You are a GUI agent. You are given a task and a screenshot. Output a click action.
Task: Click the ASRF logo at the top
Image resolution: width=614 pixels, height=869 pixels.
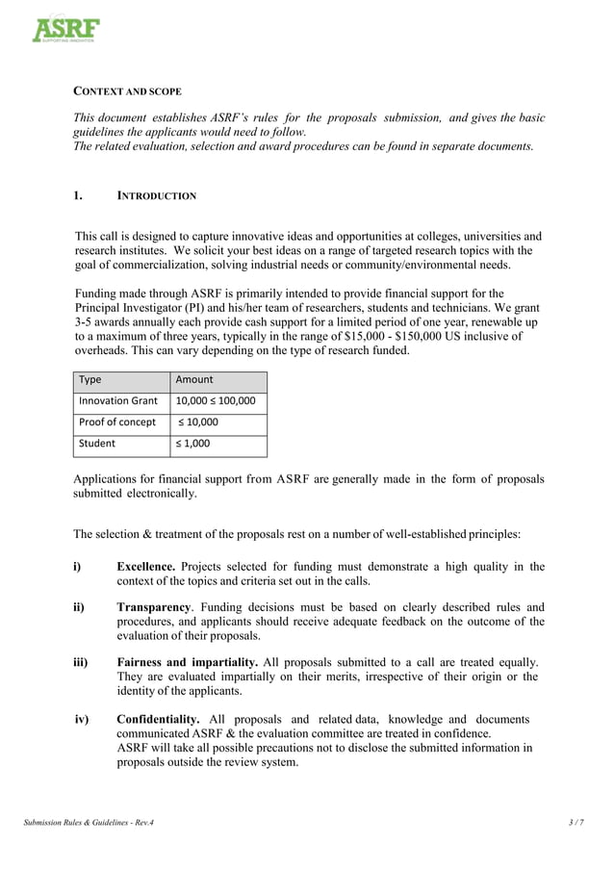(66, 29)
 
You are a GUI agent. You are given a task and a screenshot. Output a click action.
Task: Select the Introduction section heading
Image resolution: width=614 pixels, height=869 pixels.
(156, 195)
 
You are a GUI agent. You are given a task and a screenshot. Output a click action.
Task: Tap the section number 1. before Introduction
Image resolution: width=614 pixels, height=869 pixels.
(80, 195)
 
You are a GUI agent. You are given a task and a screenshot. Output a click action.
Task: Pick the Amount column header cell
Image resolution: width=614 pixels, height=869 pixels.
(194, 379)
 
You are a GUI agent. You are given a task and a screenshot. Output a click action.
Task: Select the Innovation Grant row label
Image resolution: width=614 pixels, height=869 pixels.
(118, 400)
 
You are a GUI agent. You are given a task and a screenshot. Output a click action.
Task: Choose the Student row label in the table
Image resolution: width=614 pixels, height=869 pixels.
(97, 444)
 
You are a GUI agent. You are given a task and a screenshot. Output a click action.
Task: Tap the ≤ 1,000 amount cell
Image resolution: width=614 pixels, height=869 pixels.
(196, 444)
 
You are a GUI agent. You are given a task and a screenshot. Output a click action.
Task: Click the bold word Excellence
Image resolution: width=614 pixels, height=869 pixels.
(146, 567)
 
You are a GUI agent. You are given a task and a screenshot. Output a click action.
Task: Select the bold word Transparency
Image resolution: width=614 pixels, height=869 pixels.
(153, 607)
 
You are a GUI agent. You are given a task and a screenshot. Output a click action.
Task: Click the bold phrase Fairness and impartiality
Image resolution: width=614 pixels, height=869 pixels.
(187, 663)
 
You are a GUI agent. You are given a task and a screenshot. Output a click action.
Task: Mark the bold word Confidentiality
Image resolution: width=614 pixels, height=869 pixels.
(158, 720)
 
